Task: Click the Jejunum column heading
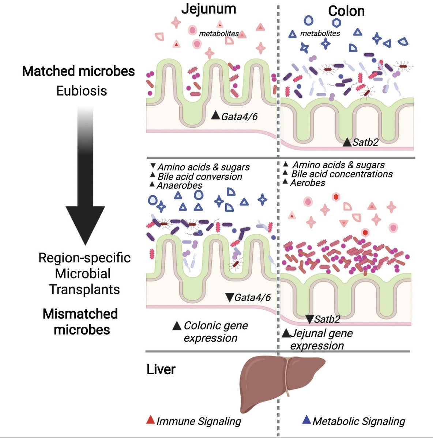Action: (x=209, y=9)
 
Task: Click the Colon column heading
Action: (x=346, y=11)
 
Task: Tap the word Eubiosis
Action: (x=82, y=91)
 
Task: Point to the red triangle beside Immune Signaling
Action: (x=151, y=420)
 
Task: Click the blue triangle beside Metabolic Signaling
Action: (x=306, y=420)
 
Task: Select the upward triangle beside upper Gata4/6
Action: (x=215, y=115)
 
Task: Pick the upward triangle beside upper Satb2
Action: (x=347, y=142)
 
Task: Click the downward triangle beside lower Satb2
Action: (x=309, y=319)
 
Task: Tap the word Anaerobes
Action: (x=180, y=185)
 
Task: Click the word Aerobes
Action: (x=308, y=183)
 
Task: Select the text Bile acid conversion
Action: (x=200, y=177)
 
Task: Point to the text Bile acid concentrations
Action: (x=342, y=174)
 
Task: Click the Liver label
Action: (x=161, y=369)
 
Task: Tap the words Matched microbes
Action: (x=78, y=71)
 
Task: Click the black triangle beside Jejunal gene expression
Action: (x=286, y=333)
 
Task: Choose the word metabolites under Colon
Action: (x=320, y=34)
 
